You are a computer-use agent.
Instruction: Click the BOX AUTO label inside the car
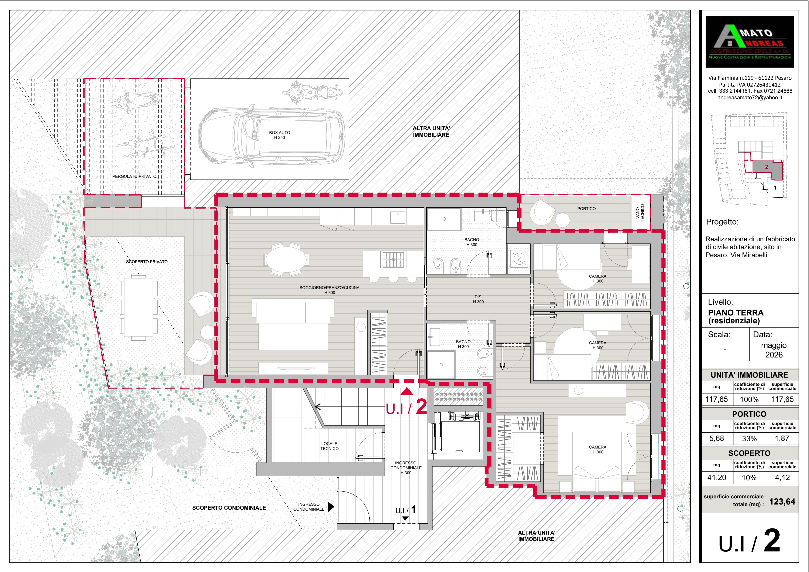279,135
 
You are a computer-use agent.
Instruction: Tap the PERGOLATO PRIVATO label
134,176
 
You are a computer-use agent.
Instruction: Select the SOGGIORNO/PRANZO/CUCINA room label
330,290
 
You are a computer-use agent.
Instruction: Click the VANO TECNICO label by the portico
640,213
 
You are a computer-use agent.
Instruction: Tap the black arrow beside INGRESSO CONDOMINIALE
331,507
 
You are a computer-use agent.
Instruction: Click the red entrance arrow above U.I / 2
407,391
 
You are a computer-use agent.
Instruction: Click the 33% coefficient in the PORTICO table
749,438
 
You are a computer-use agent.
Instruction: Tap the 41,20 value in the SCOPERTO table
717,478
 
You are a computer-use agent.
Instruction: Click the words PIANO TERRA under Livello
736,313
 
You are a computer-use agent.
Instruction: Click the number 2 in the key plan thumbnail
766,167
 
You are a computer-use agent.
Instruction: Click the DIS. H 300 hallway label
478,299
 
